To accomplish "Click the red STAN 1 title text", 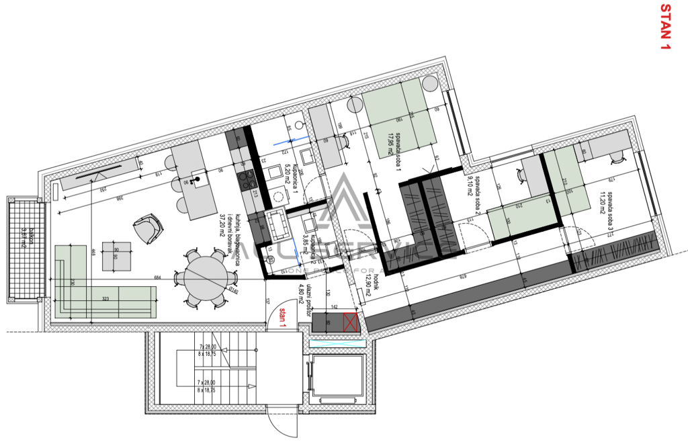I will pyautogui.click(x=665, y=28).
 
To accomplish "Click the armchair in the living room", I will pyautogui.click(x=148, y=228).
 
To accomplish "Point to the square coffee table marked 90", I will pyautogui.click(x=116, y=256).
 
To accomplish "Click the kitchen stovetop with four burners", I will pyautogui.click(x=247, y=180).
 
